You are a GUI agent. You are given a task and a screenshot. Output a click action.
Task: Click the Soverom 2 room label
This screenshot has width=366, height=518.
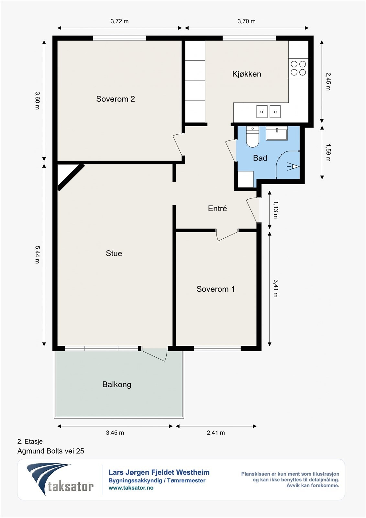pos(116,99)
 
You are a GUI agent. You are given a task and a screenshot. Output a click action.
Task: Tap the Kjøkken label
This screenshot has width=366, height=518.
pos(247,74)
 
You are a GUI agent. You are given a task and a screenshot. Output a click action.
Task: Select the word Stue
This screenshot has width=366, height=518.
pos(114,253)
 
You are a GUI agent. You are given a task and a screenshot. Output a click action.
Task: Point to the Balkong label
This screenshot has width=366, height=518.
pos(117,385)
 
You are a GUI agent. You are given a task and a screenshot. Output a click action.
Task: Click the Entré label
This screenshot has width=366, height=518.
pos(217,208)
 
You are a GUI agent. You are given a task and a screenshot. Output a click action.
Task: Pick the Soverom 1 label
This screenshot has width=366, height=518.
pos(216,289)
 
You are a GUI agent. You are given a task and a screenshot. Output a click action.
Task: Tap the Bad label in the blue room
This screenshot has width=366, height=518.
pos(260,158)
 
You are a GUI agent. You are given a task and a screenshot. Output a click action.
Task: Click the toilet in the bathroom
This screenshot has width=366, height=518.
pos(252,137)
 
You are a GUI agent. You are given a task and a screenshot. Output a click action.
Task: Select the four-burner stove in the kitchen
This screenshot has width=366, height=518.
pos(298,68)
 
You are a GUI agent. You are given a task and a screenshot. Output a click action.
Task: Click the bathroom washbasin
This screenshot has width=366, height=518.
pos(277,133)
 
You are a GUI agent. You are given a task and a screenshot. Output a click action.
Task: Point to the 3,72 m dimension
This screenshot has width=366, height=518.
pos(119,21)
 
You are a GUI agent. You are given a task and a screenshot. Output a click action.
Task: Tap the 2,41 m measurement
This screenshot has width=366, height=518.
pos(216,433)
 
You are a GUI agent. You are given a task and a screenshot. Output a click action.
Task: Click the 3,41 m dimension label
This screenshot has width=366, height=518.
pos(276,288)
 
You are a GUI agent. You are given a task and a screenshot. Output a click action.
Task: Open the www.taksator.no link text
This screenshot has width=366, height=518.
pos(131,488)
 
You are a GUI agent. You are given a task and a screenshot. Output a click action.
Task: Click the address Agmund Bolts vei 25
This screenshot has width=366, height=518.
pos(51,451)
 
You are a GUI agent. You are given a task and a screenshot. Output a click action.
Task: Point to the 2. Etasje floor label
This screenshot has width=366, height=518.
pos(30,442)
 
